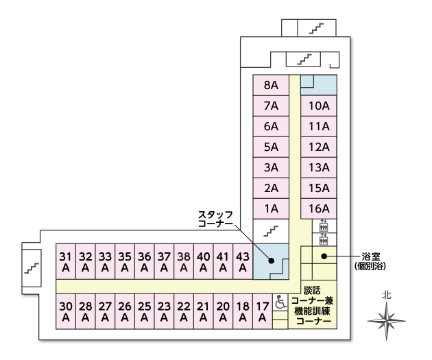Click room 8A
[x=271, y=86]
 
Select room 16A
[x=320, y=208]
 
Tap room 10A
[x=320, y=106]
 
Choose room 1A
[x=271, y=208]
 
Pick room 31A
[x=66, y=261]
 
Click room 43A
[x=243, y=261]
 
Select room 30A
[x=66, y=311]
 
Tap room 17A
[x=262, y=311]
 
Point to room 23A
[x=164, y=311]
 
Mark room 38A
[x=184, y=261]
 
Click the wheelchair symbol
[x=281, y=302]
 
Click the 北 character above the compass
[x=387, y=294]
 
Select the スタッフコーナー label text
[x=216, y=219]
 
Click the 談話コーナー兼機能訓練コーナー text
[x=313, y=305]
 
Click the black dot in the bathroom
[x=322, y=256]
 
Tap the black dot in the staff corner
[x=272, y=261]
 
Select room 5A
[x=271, y=147]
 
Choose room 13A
[x=320, y=167]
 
